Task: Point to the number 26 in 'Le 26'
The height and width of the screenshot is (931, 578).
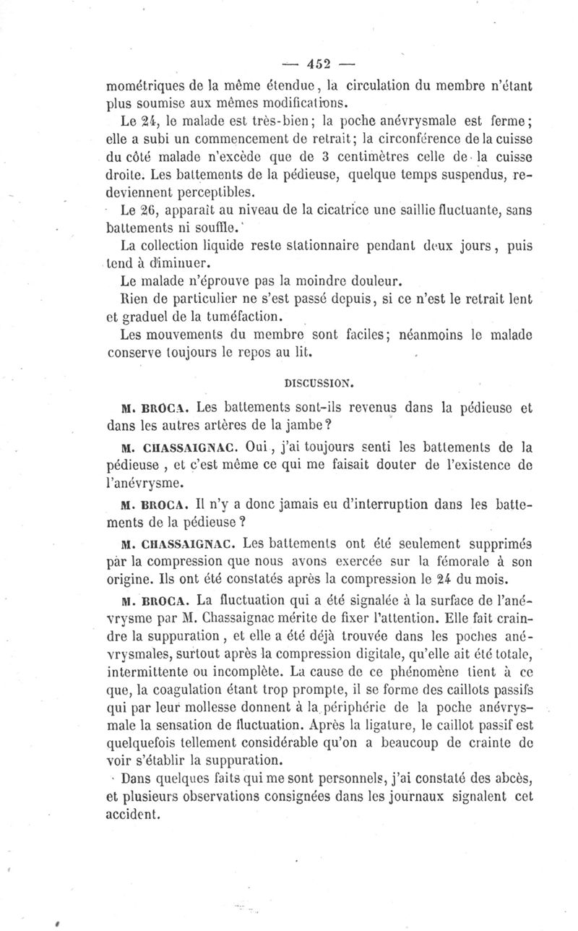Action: tap(148, 210)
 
